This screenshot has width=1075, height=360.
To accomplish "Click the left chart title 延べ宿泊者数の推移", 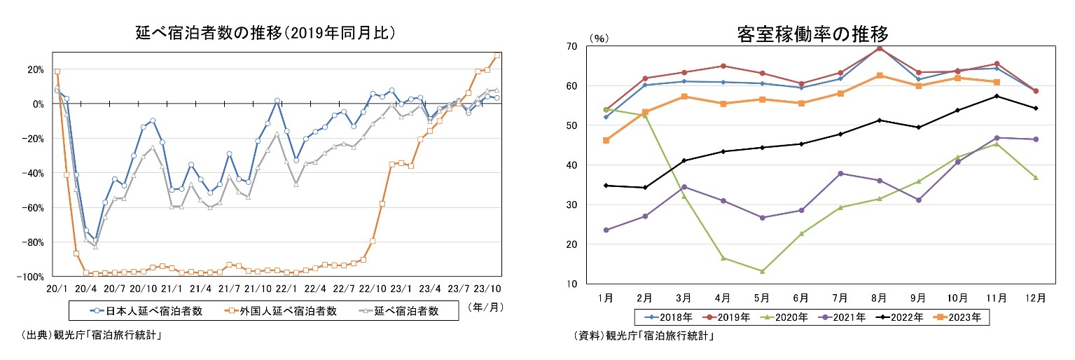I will [265, 32].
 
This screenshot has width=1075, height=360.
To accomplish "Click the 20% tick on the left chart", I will [35, 69].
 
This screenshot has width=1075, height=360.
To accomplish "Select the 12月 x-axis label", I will [1036, 297].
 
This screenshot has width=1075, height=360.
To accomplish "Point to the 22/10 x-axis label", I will [372, 289].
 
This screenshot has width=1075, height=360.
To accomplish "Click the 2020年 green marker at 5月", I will [762, 271].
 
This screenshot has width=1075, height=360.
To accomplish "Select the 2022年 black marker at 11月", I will [997, 96].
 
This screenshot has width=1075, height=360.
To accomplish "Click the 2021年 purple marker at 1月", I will [606, 230].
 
